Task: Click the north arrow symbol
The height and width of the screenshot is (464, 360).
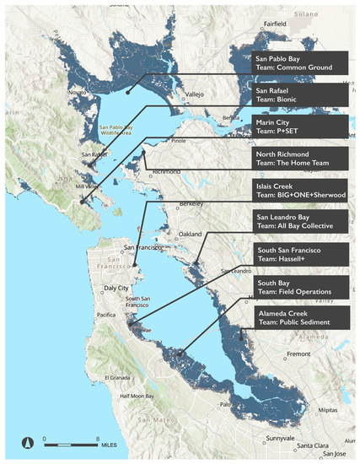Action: click(26, 441)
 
